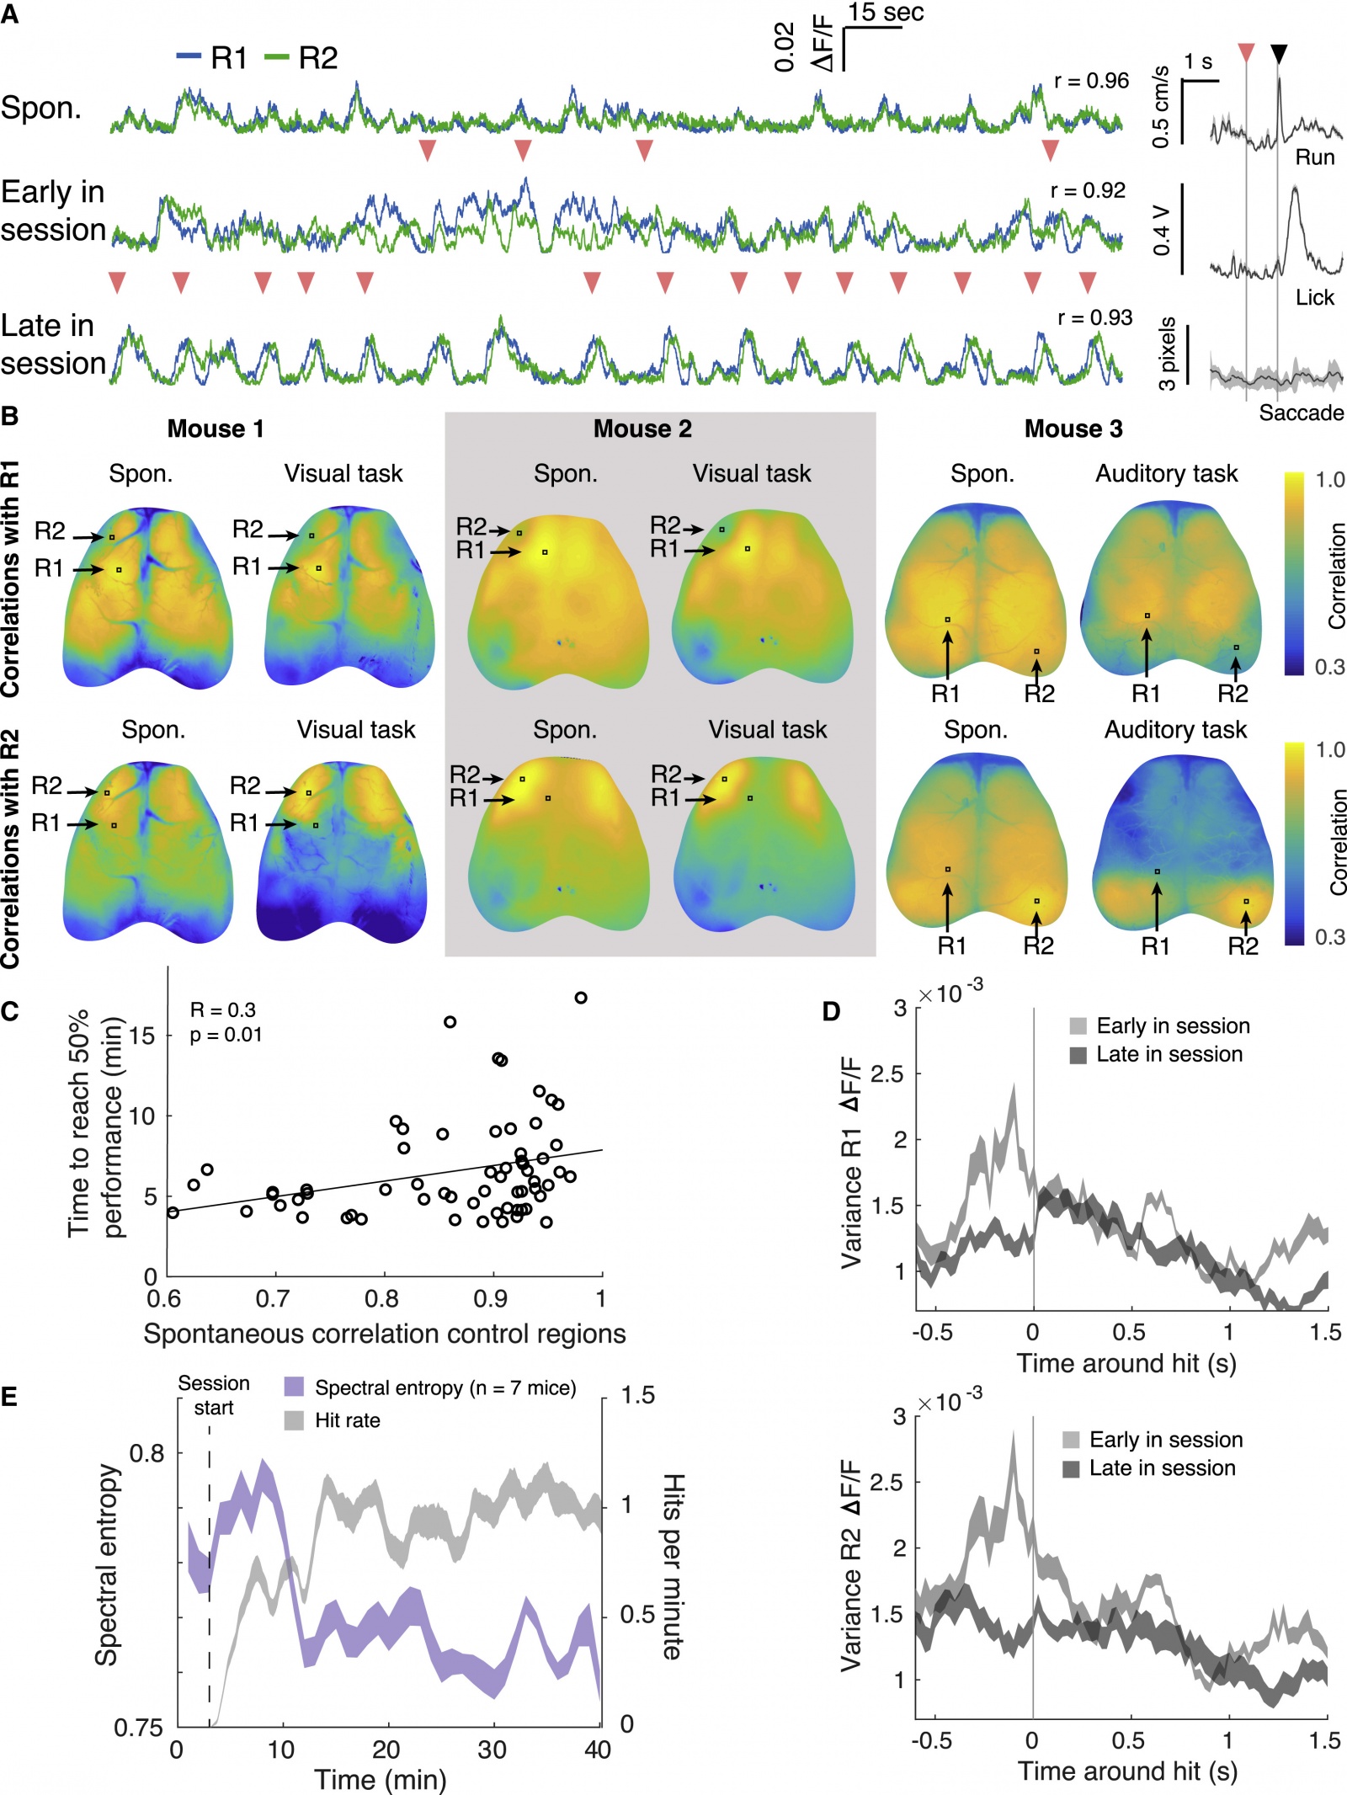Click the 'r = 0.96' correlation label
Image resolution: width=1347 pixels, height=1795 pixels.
tap(1091, 81)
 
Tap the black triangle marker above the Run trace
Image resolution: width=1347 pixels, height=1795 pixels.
tap(1278, 55)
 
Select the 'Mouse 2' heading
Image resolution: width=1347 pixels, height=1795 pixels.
tap(642, 429)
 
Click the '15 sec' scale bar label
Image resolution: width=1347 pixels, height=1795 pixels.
tap(886, 13)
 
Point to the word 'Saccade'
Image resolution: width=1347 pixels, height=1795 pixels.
tap(1301, 413)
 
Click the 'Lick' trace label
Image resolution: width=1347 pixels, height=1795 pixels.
tap(1314, 297)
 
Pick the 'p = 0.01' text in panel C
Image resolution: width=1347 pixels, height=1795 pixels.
tap(226, 1035)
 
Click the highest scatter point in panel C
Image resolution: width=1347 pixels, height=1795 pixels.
tap(580, 998)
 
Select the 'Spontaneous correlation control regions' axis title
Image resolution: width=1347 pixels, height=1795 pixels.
tap(384, 1334)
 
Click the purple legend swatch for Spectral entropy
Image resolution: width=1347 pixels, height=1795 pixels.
tap(294, 1388)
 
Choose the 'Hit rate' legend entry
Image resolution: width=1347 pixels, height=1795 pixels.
tap(347, 1420)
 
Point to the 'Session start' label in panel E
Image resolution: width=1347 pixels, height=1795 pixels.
tap(214, 1395)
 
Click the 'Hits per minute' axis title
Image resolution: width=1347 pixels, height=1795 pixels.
tap(673, 1566)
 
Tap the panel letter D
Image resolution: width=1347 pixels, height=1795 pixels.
tap(831, 1011)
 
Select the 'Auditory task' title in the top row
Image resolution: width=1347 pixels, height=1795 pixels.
tap(1166, 474)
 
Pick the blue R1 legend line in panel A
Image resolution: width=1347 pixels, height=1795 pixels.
tap(189, 56)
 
